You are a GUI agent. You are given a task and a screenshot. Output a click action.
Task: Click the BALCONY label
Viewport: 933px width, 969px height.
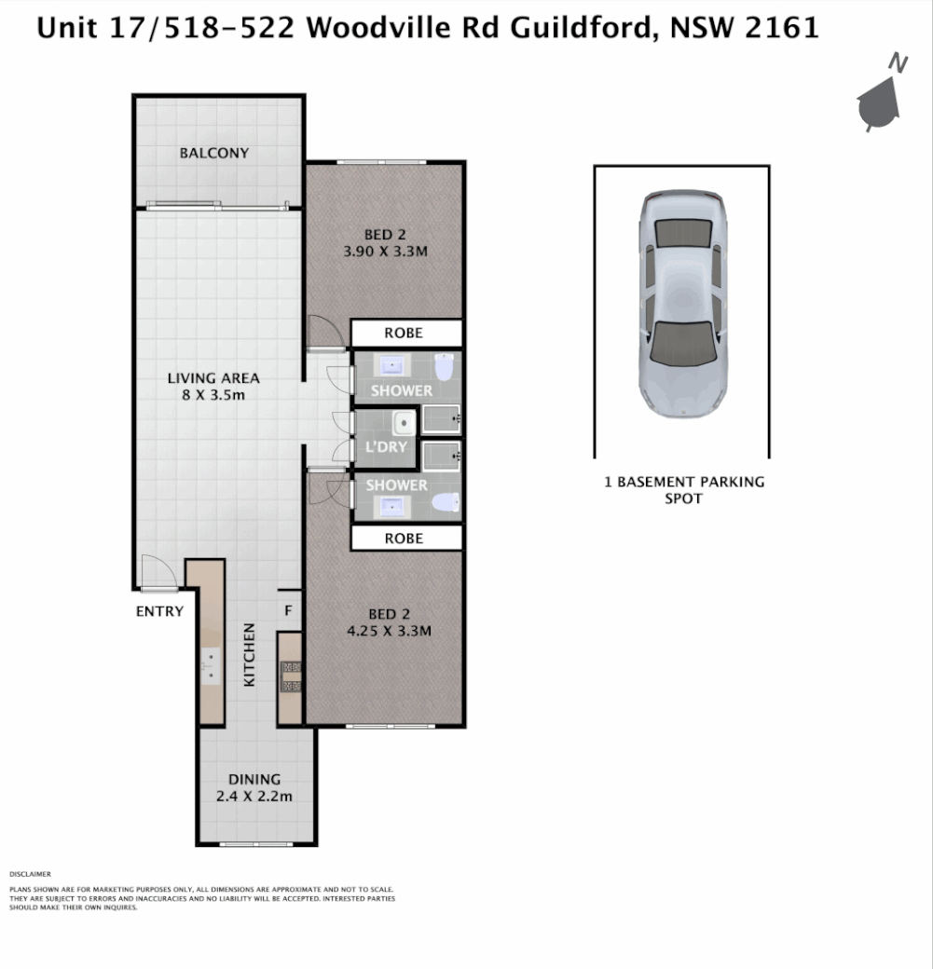(214, 153)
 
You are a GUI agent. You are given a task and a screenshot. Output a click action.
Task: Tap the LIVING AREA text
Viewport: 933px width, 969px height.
(213, 378)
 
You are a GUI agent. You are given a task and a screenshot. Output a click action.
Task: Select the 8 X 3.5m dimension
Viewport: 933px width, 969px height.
(213, 395)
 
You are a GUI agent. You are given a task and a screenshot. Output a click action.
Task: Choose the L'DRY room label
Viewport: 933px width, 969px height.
(387, 447)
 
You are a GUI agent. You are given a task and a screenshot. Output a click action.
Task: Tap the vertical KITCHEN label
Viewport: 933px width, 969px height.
(250, 655)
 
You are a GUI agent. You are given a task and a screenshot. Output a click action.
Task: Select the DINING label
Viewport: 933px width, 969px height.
(254, 780)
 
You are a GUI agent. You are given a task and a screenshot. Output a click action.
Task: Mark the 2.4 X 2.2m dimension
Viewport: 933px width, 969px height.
(254, 797)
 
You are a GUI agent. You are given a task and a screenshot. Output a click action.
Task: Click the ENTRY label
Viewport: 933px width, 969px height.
(159, 611)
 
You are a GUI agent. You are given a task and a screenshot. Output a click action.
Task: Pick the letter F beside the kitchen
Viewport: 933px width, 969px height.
(289, 611)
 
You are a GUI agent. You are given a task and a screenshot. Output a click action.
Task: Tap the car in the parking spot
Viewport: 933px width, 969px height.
(681, 304)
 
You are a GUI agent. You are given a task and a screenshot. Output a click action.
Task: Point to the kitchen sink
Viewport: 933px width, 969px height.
(211, 664)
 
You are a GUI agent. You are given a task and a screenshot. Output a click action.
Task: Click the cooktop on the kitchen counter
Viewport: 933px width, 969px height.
(291, 676)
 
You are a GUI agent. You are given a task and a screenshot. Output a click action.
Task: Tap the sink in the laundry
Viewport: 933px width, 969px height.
(403, 424)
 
